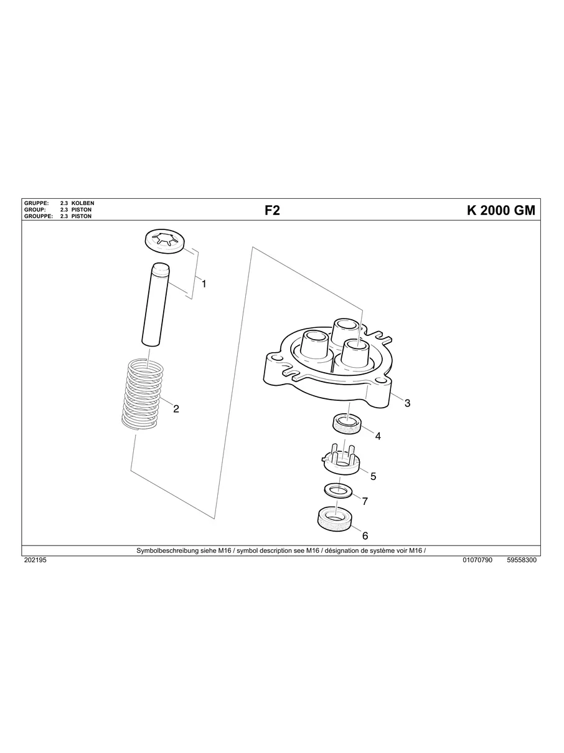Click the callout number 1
(204, 284)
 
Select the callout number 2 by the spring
(176, 409)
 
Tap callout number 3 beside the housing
(407, 403)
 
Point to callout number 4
(378, 436)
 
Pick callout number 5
(374, 476)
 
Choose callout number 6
(365, 535)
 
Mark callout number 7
(365, 501)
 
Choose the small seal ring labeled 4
(346, 424)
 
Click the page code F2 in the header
(273, 211)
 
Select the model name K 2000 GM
(501, 211)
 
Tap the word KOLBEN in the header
(83, 204)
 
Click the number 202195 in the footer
(35, 560)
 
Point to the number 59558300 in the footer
(522, 560)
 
